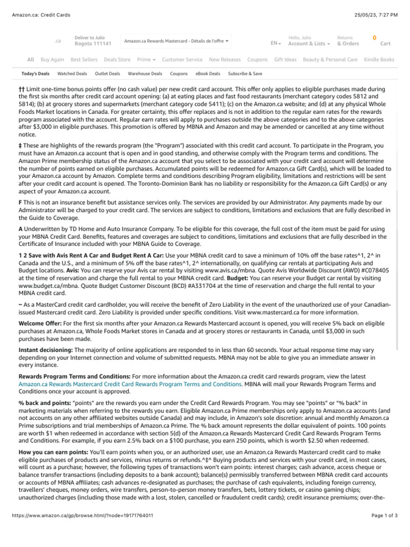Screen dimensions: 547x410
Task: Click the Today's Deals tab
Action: (35, 74)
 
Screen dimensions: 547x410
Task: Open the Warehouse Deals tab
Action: (145, 74)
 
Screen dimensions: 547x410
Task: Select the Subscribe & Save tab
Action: (245, 74)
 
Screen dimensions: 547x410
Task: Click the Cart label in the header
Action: (385, 44)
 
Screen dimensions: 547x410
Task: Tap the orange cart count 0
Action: (374, 37)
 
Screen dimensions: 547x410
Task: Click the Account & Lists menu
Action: (309, 44)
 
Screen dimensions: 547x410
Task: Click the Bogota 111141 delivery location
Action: (93, 44)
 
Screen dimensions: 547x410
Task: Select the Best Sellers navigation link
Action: (84, 60)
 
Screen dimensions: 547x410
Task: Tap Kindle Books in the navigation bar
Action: (379, 60)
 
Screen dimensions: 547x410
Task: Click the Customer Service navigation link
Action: (182, 60)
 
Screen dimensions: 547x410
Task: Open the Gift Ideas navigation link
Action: (285, 60)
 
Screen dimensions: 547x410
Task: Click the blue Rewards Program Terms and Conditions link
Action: (130, 384)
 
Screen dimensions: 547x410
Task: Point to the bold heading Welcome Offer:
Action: (40, 324)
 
